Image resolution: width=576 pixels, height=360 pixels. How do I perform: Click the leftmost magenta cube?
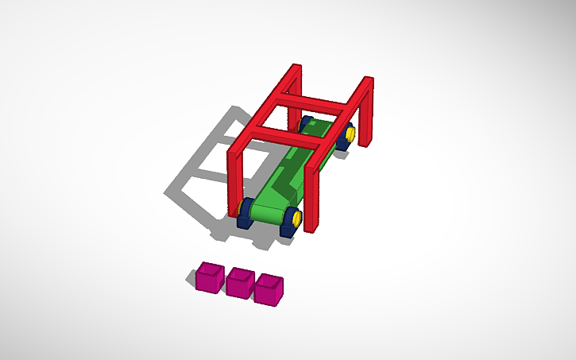click(210, 278)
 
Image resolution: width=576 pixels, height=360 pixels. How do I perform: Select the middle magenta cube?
click(239, 283)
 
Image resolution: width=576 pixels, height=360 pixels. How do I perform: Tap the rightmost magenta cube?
click(269, 289)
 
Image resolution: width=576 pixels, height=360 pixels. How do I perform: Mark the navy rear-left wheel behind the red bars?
click(304, 124)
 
